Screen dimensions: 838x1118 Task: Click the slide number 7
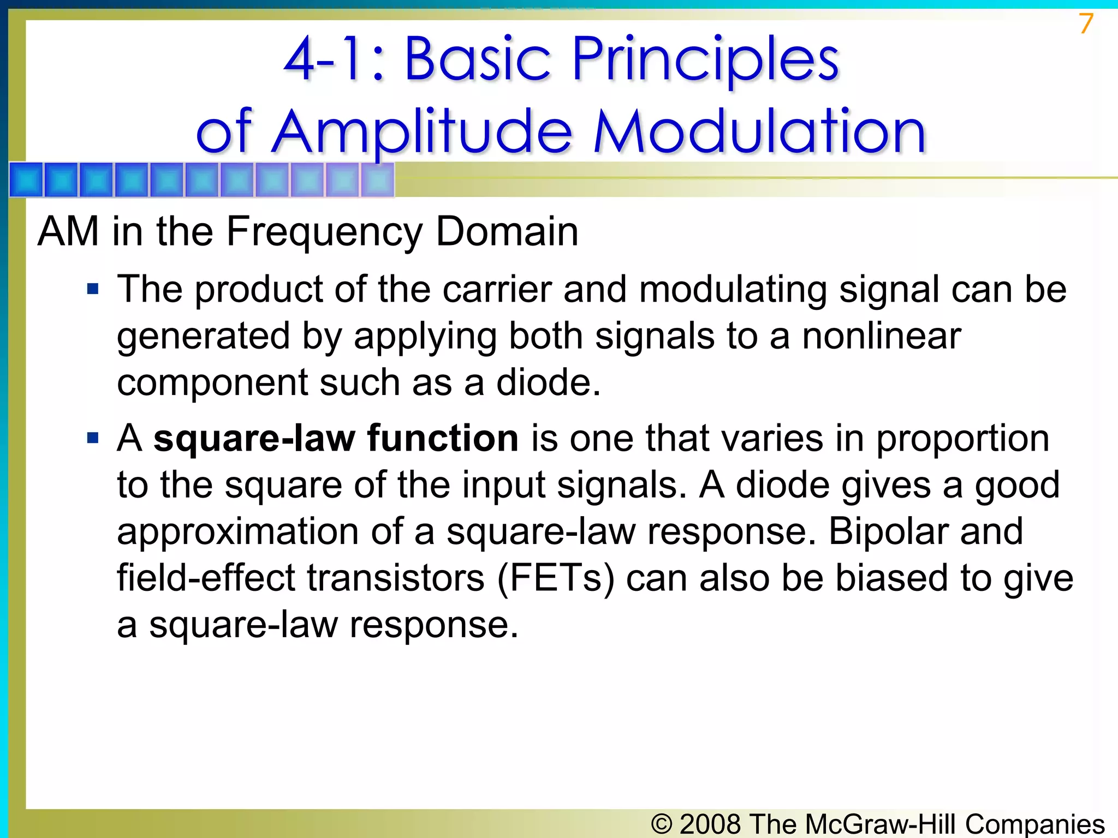pyautogui.click(x=1086, y=24)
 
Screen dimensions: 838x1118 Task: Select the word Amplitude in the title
pyautogui.click(x=423, y=133)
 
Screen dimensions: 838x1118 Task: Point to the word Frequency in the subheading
pyautogui.click(x=324, y=231)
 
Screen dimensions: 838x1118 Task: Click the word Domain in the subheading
pyautogui.click(x=507, y=231)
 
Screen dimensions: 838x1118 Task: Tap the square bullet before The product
pyautogui.click(x=93, y=288)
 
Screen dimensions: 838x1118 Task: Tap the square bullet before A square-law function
pyautogui.click(x=93, y=438)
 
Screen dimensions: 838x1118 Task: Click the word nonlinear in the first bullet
pyautogui.click(x=881, y=336)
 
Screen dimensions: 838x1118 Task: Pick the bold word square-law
pyautogui.click(x=254, y=438)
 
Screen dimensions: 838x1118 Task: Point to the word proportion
pyautogui.click(x=962, y=439)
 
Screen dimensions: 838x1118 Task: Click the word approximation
pyautogui.click(x=237, y=531)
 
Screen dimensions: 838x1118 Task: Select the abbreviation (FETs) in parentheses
pyautogui.click(x=556, y=578)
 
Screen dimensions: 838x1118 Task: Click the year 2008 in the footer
pyautogui.click(x=710, y=824)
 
